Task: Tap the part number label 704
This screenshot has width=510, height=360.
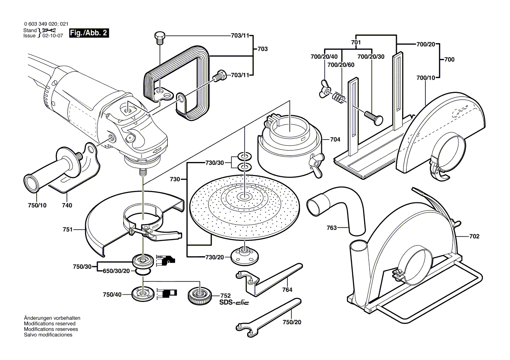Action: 335,140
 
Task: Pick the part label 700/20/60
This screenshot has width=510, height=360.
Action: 341,65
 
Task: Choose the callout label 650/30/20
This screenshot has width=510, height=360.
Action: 115,271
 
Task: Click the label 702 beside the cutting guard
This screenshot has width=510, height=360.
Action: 475,237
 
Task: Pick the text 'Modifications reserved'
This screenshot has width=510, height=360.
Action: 49,324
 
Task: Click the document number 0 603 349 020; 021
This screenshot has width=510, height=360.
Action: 46,24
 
